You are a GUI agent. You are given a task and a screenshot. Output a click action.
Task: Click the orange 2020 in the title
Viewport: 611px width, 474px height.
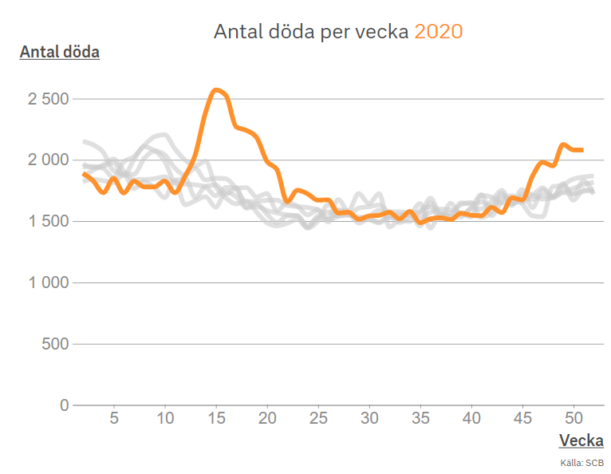439,32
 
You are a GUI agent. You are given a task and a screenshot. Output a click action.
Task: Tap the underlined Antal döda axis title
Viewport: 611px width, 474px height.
59,53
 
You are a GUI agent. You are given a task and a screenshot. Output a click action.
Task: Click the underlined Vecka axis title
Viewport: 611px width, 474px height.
581,440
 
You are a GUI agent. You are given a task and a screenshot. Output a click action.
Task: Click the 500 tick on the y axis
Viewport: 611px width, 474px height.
55,345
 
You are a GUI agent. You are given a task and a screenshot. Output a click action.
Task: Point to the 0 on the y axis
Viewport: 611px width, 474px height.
65,405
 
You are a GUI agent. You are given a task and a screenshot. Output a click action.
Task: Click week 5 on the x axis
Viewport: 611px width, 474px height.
114,418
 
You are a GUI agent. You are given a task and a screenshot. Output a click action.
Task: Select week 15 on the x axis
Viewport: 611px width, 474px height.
216,418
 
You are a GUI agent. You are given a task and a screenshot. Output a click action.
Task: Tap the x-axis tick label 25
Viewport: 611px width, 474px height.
318,418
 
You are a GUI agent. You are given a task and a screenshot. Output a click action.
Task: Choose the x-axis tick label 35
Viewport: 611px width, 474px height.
420,418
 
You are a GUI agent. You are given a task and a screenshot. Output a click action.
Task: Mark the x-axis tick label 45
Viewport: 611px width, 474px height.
523,418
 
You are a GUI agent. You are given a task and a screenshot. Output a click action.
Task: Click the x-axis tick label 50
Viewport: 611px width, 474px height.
574,418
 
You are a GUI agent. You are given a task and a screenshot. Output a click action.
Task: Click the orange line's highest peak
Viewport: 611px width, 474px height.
216,89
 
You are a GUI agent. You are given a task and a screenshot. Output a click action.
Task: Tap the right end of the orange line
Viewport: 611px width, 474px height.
582,150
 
